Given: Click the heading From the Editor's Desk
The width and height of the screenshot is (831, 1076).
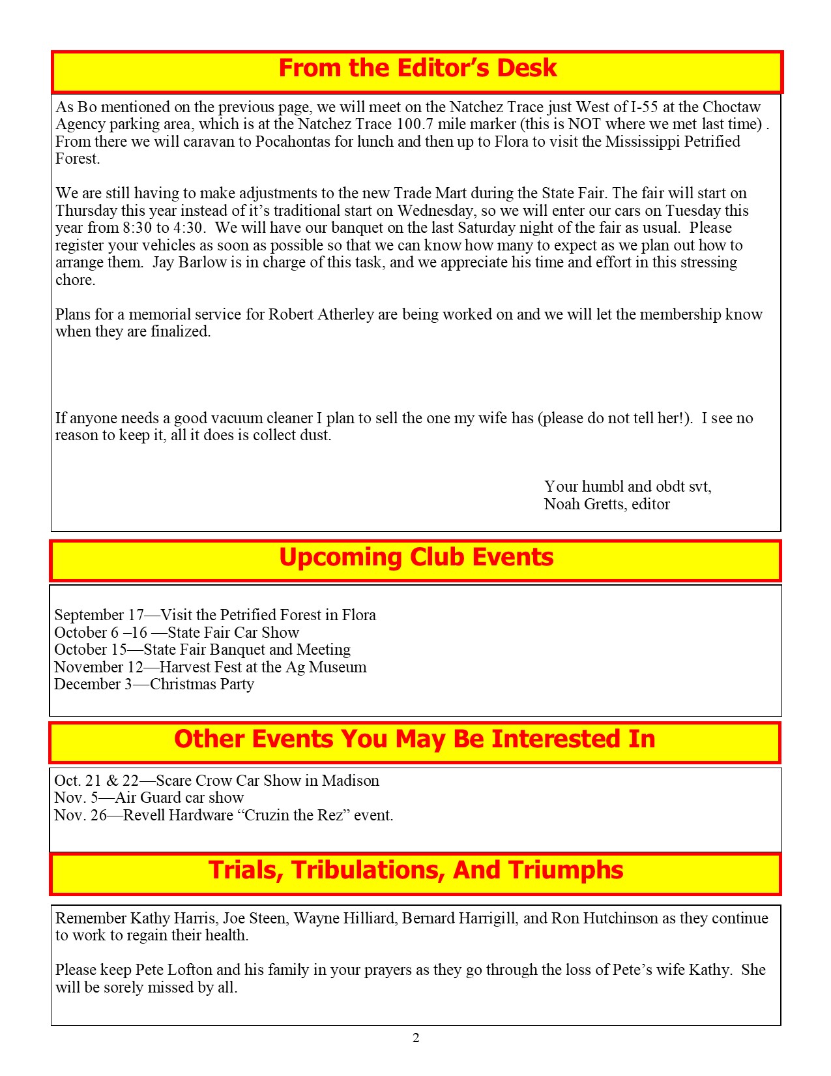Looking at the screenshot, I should coord(417,68).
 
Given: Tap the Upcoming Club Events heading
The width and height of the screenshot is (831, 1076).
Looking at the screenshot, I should coord(416,558).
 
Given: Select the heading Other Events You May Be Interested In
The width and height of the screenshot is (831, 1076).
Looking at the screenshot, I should coord(415,739).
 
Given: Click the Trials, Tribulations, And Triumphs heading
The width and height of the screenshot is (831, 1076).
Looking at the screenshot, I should coord(416,871).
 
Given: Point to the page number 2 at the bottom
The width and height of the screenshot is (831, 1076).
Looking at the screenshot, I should coord(416,1038).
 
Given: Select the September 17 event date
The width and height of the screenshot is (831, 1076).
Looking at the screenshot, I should coord(99,615).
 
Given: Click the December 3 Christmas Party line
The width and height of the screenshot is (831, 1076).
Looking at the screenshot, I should coord(154,684).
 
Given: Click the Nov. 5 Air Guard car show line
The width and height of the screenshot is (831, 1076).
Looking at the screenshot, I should coord(149,798).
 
